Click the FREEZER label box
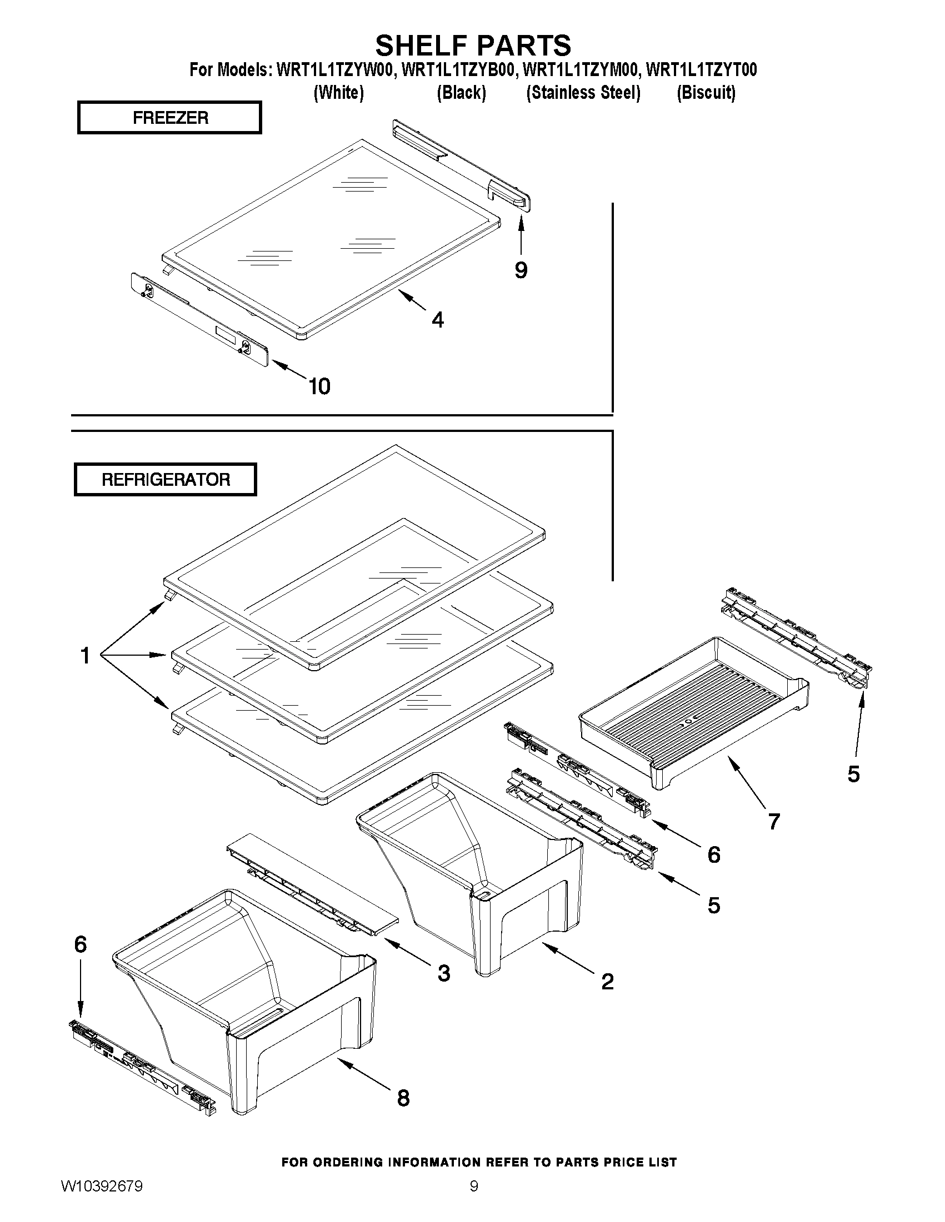(x=169, y=118)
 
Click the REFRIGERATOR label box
(x=166, y=480)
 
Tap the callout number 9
(x=521, y=270)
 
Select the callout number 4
(x=438, y=320)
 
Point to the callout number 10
(x=319, y=386)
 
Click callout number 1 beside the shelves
(x=85, y=655)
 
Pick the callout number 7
(x=774, y=821)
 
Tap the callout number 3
(x=443, y=974)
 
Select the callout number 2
(x=607, y=982)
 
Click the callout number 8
(x=403, y=1098)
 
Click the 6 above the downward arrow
(x=81, y=944)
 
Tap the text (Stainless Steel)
(x=583, y=92)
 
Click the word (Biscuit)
(x=706, y=92)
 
